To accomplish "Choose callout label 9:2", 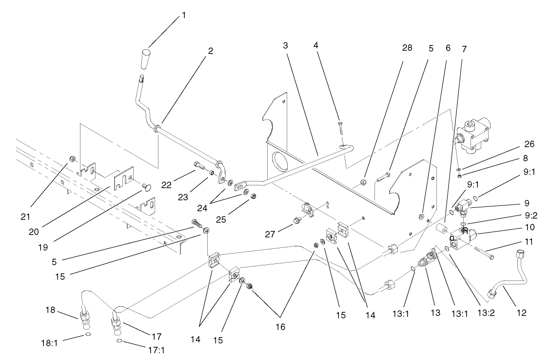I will pos(503,215).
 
